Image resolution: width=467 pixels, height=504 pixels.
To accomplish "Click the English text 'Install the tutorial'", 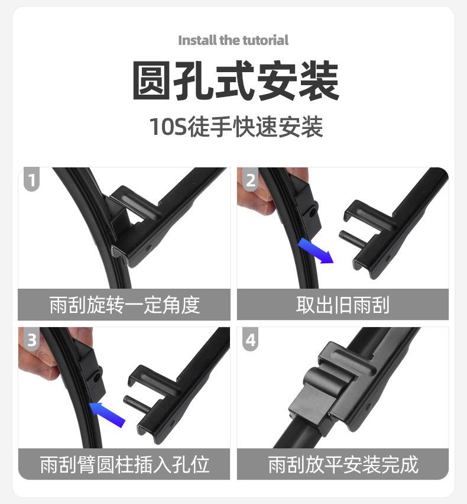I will click(234, 40).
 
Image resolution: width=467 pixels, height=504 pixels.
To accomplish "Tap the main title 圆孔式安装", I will click(235, 81).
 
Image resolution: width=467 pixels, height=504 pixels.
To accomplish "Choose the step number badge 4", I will click(251, 340).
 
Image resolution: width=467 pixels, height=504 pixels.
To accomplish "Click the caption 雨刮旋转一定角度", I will click(124, 305).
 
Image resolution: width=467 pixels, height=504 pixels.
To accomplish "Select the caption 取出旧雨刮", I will click(343, 305).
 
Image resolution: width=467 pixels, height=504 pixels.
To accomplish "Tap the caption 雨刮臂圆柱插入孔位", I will click(124, 464).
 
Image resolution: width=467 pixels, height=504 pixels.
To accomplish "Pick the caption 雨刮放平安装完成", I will click(343, 464).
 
